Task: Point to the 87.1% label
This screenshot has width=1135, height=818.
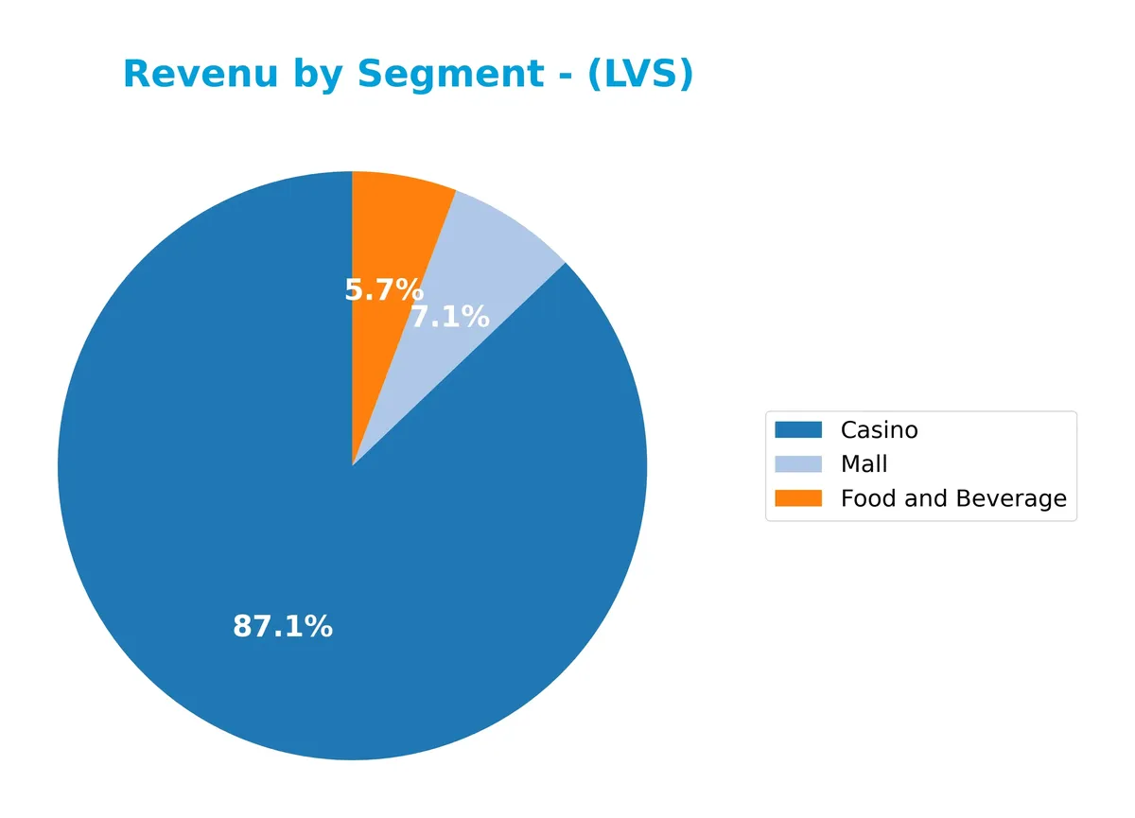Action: [283, 626]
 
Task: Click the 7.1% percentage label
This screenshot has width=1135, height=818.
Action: [450, 317]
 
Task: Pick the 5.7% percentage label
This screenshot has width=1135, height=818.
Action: [384, 289]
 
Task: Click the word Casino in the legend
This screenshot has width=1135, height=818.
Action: [879, 430]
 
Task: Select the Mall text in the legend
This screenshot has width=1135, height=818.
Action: [864, 464]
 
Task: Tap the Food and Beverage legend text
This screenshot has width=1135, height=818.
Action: [953, 498]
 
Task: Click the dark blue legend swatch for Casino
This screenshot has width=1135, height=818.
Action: [798, 430]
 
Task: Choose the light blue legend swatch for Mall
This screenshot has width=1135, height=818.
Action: [798, 464]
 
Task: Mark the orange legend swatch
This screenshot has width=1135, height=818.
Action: [798, 498]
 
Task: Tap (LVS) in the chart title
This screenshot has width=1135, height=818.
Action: [640, 75]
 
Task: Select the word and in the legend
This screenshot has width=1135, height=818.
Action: [924, 498]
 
